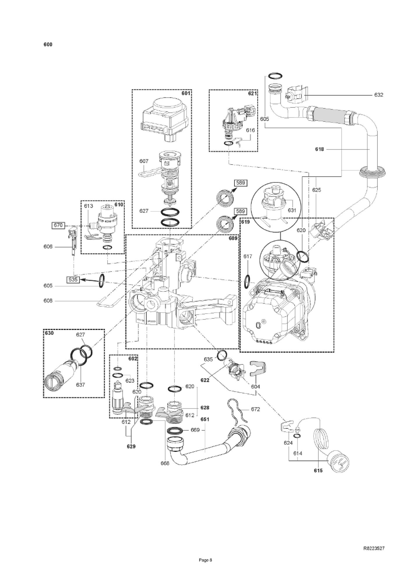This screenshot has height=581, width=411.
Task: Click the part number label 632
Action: [x=379, y=95]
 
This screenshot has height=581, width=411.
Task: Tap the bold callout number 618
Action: [x=319, y=149]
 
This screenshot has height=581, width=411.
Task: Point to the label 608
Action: [x=48, y=301]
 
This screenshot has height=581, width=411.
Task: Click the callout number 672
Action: [x=255, y=409]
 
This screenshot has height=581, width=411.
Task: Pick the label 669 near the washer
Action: [x=195, y=430]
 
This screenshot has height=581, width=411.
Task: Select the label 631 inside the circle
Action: [x=292, y=210]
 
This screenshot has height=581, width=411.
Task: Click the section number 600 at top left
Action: [x=48, y=45]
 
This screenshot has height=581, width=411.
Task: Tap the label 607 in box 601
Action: [x=144, y=161]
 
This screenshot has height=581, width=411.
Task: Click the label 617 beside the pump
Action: [x=248, y=256]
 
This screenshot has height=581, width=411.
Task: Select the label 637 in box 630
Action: [x=80, y=385]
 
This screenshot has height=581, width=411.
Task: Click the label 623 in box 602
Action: [x=130, y=381]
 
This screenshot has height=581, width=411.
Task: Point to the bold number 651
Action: [x=205, y=419]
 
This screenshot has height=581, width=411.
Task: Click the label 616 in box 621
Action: [x=250, y=130]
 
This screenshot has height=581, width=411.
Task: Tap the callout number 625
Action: [x=317, y=190]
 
